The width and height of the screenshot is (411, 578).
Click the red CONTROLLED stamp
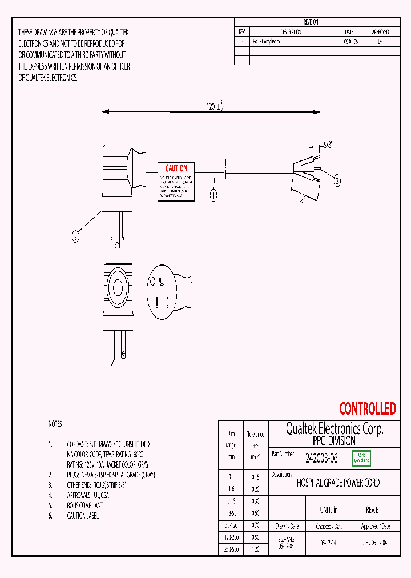point(367,409)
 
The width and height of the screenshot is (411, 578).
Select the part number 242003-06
point(321,457)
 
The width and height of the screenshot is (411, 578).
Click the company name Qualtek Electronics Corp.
point(334,429)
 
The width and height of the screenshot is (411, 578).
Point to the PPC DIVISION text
point(334,441)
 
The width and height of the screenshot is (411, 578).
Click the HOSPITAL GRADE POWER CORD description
point(338,483)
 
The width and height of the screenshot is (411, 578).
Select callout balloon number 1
point(213,195)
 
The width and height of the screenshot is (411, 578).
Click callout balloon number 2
point(75,235)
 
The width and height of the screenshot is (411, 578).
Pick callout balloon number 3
point(337,181)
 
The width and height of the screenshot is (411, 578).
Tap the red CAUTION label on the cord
point(176,168)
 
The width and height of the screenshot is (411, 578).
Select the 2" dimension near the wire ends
point(304,199)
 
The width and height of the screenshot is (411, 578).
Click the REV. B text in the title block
point(372,511)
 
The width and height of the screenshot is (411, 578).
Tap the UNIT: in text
point(329,511)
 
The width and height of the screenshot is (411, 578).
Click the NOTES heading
point(55,424)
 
